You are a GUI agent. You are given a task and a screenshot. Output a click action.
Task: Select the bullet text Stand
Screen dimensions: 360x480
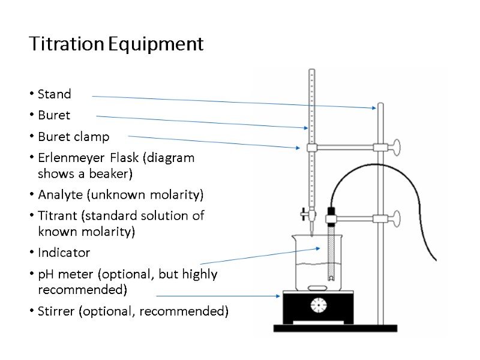(x=54, y=94)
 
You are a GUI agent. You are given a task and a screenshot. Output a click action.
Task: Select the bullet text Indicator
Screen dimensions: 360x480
(x=64, y=253)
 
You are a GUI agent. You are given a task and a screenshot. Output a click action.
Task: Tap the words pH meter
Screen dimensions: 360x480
(x=66, y=274)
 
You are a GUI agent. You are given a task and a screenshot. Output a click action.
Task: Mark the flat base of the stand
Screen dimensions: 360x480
(x=335, y=328)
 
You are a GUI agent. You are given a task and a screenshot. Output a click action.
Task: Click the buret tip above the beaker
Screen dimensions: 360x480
(x=311, y=230)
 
